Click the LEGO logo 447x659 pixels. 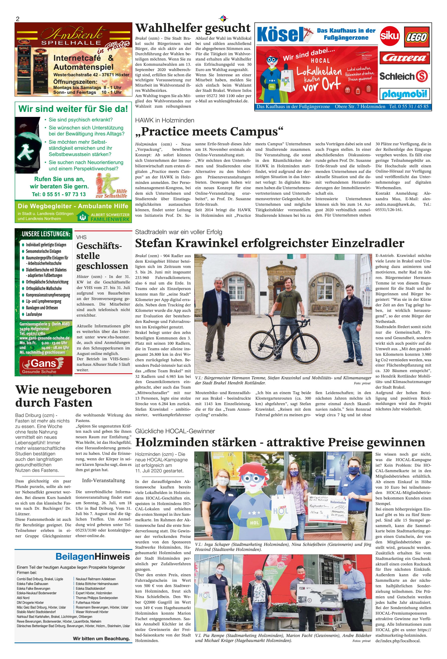[x=416, y=37]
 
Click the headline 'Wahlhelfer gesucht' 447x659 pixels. [x=193, y=28]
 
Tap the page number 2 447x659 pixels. [x=18, y=19]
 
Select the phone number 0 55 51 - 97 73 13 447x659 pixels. [x=59, y=194]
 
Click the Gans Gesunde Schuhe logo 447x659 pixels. [x=44, y=365]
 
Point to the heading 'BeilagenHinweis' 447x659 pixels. [x=93, y=556]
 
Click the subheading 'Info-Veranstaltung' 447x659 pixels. [x=104, y=480]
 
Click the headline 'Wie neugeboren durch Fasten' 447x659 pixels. [x=63, y=396]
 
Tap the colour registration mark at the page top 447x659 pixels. [x=223, y=19]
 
